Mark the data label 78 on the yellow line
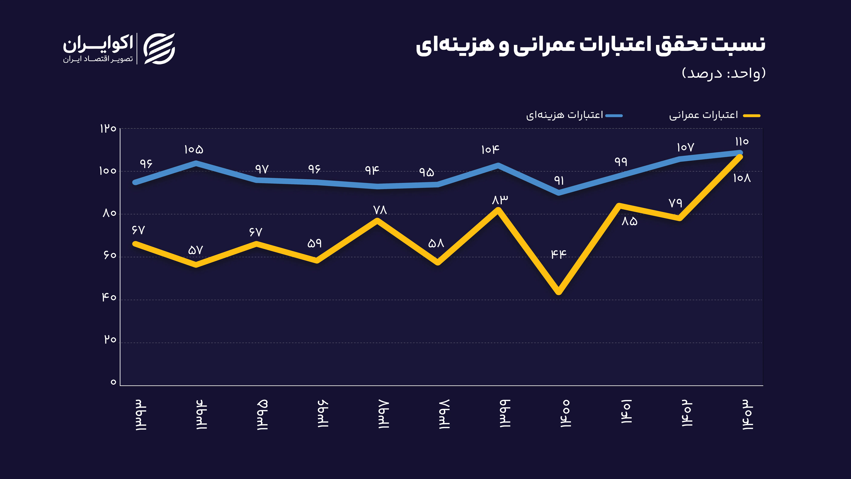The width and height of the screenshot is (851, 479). (380, 210)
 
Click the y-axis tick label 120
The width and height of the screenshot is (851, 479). (108, 129)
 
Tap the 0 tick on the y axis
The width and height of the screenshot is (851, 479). (113, 382)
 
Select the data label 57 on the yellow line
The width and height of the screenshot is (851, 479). (195, 250)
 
